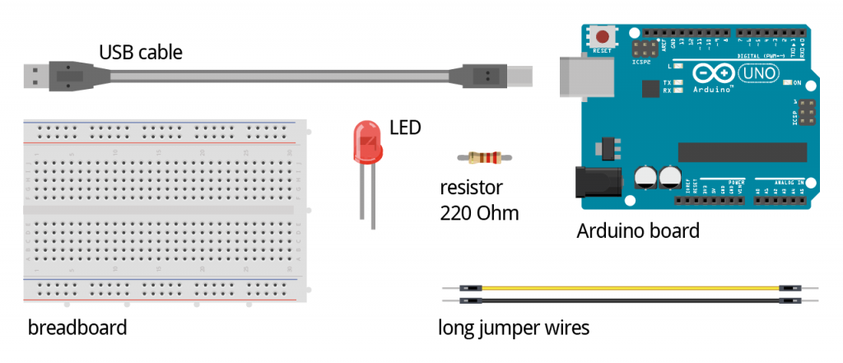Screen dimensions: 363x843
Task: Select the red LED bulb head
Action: point(366,142)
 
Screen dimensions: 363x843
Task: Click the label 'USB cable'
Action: point(141,53)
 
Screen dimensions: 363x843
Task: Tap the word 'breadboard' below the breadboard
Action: point(77,328)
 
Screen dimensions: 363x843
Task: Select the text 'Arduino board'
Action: point(638,230)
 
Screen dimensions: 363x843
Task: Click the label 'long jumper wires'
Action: point(514,328)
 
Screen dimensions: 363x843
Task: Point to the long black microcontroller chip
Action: point(742,152)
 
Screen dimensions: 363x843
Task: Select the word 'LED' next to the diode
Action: point(405,128)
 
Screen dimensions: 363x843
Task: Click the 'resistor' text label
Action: point(471,187)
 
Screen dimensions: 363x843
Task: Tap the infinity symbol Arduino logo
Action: point(715,73)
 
